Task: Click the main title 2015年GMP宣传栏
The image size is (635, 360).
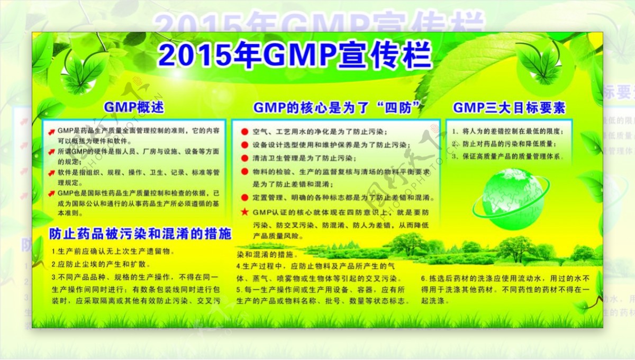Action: pos(295,55)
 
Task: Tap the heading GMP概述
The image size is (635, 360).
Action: pos(134,107)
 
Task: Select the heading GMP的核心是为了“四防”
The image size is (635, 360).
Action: pos(337,108)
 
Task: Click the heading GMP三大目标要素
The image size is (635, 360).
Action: pos(509,108)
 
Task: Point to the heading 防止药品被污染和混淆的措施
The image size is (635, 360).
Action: pos(140,233)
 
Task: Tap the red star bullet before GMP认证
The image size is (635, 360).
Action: pos(244,212)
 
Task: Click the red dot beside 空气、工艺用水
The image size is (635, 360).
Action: pos(244,131)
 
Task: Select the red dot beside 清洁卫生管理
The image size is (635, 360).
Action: pos(244,158)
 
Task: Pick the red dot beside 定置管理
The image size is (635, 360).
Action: pos(244,197)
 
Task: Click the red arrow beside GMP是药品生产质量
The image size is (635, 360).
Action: pos(51,131)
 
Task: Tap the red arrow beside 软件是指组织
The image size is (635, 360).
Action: pos(51,173)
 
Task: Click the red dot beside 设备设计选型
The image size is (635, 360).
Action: pos(244,145)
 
